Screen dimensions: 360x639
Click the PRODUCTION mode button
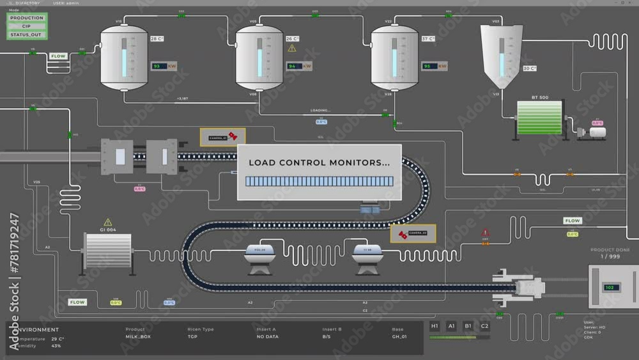point(27,18)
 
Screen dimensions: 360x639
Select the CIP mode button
point(27,26)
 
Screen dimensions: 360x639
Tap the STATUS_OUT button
point(27,35)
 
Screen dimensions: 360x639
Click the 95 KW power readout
point(430,66)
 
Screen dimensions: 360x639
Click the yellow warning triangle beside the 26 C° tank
point(292,48)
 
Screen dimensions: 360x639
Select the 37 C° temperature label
point(428,39)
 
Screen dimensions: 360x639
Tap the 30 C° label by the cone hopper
point(530,68)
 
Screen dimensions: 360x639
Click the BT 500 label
point(539,97)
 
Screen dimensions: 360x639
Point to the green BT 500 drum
point(539,118)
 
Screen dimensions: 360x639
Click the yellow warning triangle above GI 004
point(108,222)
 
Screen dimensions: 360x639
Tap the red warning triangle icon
point(485,233)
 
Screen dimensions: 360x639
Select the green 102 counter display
point(609,287)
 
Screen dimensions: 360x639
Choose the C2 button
point(484,326)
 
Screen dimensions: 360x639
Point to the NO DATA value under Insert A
point(267,336)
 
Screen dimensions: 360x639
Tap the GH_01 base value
point(399,336)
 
